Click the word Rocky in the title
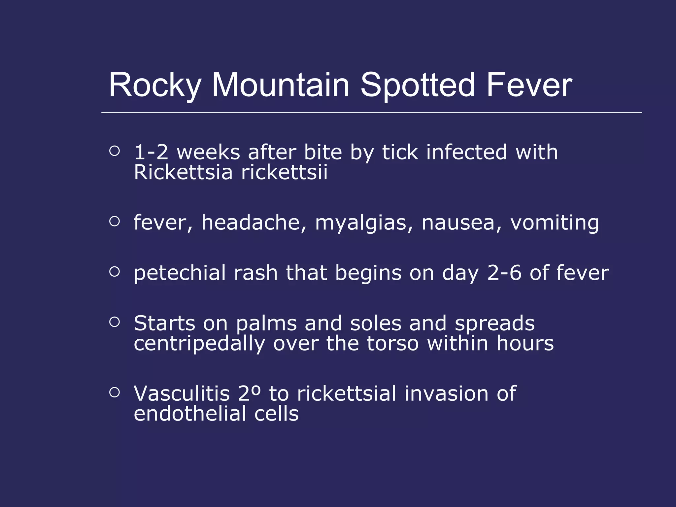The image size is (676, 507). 154,85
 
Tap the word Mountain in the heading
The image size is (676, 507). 281,85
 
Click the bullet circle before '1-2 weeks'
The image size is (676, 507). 114,151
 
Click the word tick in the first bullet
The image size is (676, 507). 400,152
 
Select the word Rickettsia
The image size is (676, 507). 183,172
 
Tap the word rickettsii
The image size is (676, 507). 284,172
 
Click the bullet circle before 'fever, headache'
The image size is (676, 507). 114,221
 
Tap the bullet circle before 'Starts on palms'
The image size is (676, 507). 114,322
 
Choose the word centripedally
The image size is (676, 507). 199,344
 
